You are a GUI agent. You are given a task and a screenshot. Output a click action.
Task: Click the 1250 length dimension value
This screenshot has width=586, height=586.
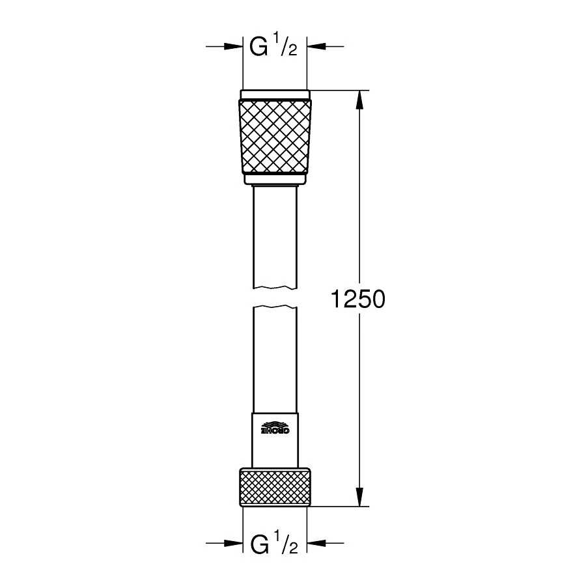[x=357, y=300]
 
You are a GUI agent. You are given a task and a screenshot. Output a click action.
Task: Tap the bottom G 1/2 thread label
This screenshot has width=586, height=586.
[x=274, y=542]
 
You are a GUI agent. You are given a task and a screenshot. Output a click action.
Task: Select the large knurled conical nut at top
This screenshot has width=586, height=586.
[x=275, y=137]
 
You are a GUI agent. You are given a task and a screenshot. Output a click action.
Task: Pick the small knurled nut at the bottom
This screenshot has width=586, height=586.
[x=275, y=487]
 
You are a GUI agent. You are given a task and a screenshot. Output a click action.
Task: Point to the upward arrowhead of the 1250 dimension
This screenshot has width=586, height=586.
[x=359, y=100]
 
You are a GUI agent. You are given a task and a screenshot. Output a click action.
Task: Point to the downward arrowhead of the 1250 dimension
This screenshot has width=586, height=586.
[x=359, y=497]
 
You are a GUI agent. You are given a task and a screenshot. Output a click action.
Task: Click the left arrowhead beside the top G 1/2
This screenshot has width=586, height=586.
[x=233, y=46]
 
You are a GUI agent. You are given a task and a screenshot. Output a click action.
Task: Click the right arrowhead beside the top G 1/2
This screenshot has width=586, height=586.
[x=316, y=46]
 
